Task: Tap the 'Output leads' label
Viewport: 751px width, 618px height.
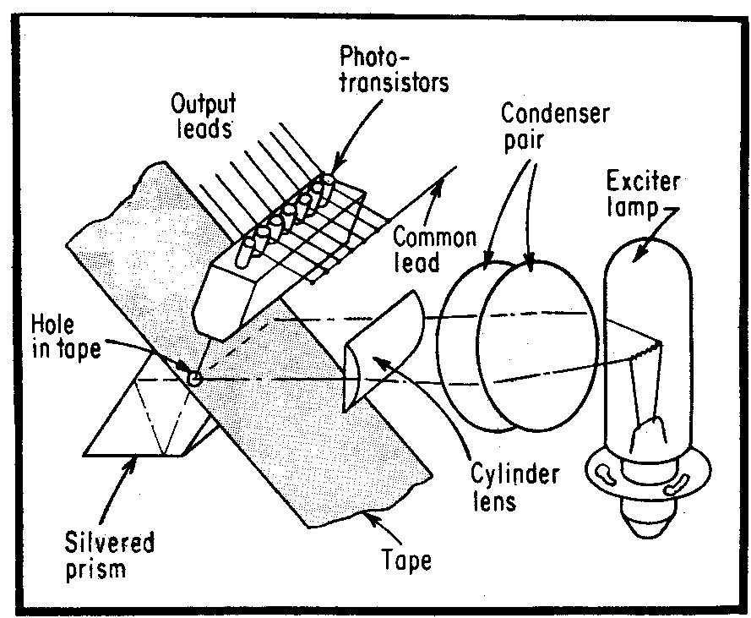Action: pyautogui.click(x=205, y=116)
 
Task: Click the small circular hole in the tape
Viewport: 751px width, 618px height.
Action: pyautogui.click(x=195, y=380)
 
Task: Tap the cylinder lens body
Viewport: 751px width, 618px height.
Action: pyautogui.click(x=384, y=347)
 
